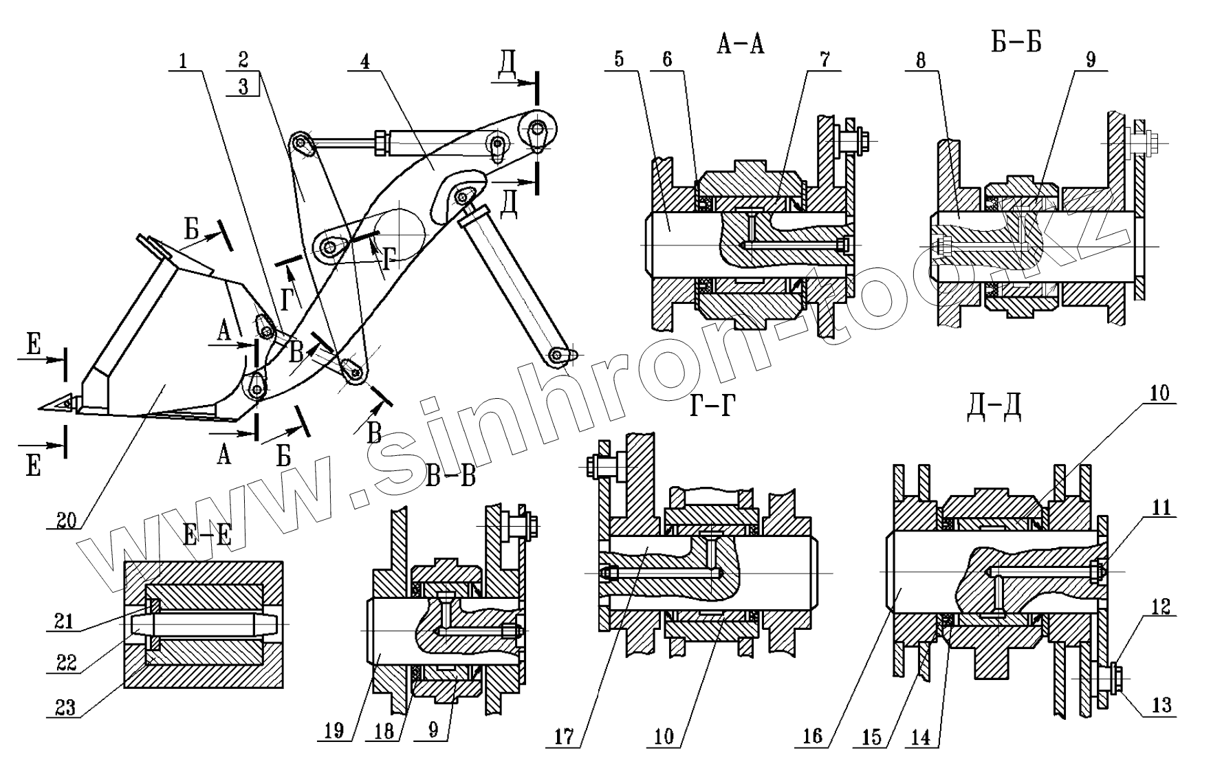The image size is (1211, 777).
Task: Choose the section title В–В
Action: (450, 476)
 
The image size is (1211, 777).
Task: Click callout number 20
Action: (66, 520)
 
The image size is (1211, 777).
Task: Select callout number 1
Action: (183, 61)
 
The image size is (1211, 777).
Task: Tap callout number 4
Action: (364, 61)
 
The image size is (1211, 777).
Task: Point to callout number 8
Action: (920, 61)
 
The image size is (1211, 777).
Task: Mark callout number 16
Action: (812, 736)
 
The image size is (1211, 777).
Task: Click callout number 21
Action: (65, 621)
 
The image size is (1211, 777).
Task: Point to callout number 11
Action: (1161, 508)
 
